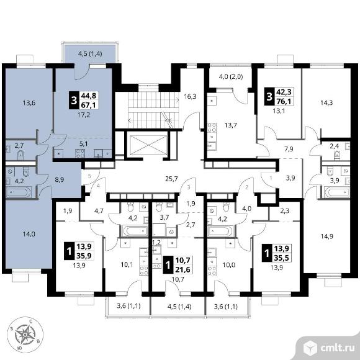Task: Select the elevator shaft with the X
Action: tap(148, 145)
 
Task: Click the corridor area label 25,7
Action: tap(172, 179)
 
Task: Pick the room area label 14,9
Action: tap(326, 236)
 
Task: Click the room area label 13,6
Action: tap(29, 103)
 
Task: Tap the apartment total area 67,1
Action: tap(88, 104)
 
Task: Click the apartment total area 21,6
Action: tap(182, 269)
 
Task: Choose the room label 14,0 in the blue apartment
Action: tap(29, 234)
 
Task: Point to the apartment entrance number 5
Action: tap(89, 176)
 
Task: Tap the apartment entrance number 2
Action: tap(247, 187)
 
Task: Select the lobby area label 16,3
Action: tap(190, 96)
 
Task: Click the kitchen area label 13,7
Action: tap(231, 125)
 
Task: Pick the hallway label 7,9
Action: tap(289, 150)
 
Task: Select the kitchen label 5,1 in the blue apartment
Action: tap(84, 144)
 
